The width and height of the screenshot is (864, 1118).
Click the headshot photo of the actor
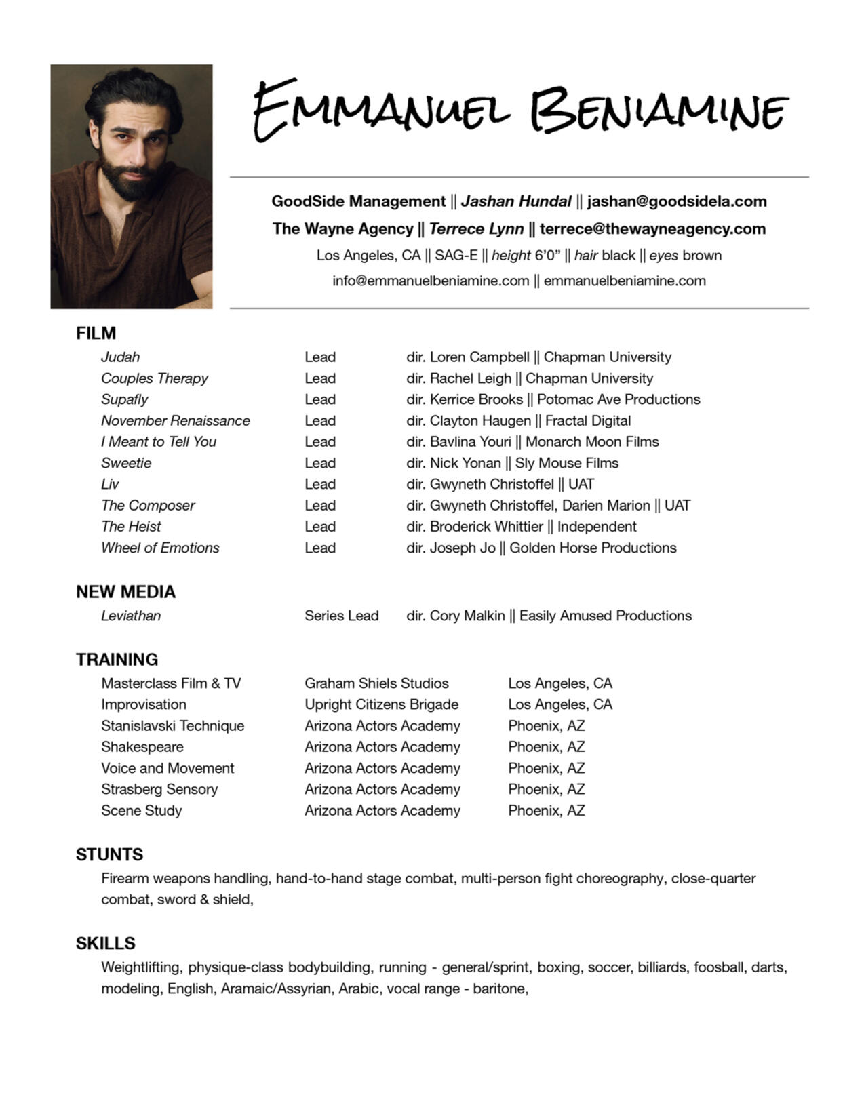pos(131,186)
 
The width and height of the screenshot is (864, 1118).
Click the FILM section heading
pos(96,333)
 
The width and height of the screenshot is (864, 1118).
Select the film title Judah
pos(120,357)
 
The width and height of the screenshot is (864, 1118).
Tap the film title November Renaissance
pos(175,420)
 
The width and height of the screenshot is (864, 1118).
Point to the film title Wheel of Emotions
pos(160,548)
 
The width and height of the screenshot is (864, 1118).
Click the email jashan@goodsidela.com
pos(677,201)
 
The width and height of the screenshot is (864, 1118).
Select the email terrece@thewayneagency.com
pos(652,228)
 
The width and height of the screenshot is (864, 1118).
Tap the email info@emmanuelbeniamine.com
pos(431,281)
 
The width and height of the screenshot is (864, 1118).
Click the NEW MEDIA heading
pos(125,592)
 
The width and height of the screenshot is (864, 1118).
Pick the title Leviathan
pos(131,616)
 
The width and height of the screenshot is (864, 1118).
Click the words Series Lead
pos(341,616)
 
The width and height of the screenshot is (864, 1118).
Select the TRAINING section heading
pos(117,660)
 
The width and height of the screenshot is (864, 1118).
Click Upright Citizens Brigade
pos(381,704)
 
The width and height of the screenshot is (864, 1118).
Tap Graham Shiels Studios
pos(376,683)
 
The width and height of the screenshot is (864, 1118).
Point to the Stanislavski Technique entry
pos(172,725)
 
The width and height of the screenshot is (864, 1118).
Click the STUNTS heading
pos(109,854)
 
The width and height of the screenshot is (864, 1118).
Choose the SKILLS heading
pos(105,943)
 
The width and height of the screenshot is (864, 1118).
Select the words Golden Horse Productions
pos(593,548)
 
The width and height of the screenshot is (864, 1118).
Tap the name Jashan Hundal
pos(516,201)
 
